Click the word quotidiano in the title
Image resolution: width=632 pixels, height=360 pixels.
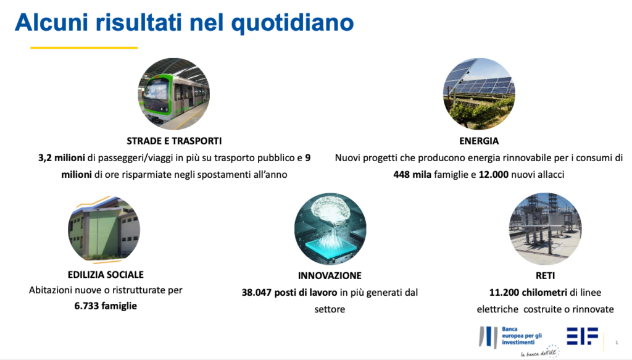click(292, 23)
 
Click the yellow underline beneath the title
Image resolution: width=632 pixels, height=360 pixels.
click(84, 48)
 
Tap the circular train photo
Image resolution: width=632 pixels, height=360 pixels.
click(173, 93)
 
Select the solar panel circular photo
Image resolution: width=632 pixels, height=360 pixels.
click(479, 93)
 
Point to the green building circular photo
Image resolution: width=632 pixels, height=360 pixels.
click(104, 228)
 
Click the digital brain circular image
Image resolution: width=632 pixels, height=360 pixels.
click(330, 228)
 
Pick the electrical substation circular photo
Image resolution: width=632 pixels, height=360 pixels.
click(546, 228)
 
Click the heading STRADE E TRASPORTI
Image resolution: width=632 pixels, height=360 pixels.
click(174, 141)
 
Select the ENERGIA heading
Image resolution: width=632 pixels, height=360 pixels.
click(479, 141)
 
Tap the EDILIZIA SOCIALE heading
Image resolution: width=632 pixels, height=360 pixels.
click(106, 275)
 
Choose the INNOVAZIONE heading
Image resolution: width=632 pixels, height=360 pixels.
click(330, 276)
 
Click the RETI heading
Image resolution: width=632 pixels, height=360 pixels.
click(546, 276)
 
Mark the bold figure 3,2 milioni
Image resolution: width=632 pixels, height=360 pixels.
click(62, 158)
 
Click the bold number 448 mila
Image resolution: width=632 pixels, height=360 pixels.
click(412, 175)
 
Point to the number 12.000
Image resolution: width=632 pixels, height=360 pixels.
click(493, 175)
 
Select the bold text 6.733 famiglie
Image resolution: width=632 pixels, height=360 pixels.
click(106, 306)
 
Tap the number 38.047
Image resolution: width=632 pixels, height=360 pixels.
click(256, 293)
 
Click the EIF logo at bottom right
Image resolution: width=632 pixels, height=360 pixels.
click(583, 336)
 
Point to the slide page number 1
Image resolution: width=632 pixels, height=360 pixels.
click(617, 343)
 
